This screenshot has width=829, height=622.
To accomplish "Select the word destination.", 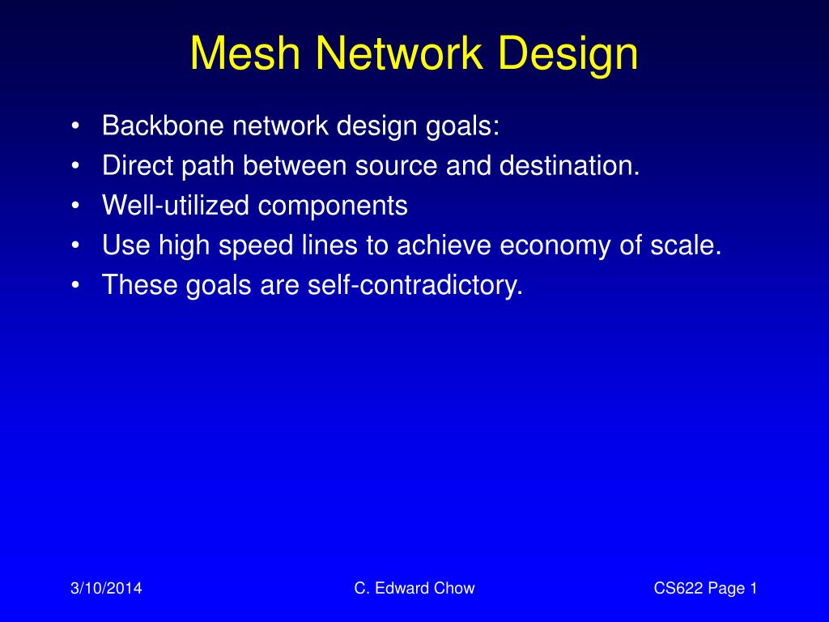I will click(569, 166).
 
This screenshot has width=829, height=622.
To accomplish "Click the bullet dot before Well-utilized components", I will click(75, 207).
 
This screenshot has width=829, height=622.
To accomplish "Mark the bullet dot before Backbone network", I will click(75, 126).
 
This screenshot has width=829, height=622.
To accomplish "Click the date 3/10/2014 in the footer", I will click(104, 589).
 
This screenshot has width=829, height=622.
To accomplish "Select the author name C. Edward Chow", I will click(414, 589).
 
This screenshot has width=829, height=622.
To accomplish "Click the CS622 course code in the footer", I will click(678, 589).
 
